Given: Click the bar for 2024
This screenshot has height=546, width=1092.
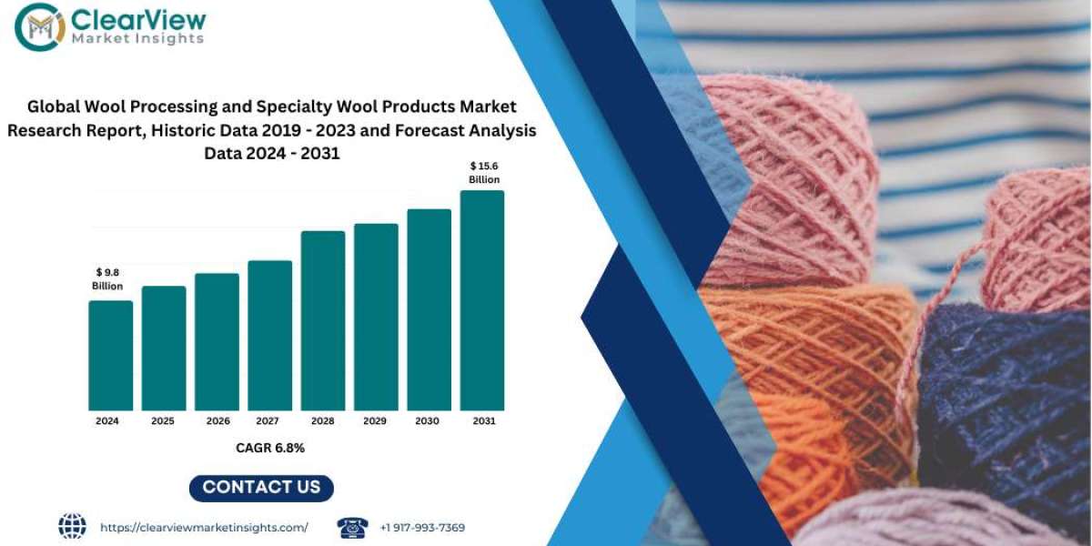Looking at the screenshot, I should [110, 355].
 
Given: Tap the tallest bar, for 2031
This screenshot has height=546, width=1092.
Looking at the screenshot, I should [481, 300].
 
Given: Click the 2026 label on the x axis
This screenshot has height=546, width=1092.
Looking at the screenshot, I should [217, 421].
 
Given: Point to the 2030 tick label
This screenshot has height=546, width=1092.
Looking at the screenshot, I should [429, 421].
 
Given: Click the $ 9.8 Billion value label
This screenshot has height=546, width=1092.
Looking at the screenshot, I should [107, 279].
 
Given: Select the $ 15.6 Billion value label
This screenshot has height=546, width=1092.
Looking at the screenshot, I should [484, 172].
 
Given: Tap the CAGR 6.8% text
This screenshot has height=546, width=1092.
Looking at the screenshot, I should [269, 448].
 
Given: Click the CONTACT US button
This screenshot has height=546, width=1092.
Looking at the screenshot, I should [261, 487].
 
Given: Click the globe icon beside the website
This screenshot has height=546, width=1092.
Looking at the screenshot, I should [72, 526].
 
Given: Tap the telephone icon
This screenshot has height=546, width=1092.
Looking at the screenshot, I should [352, 527].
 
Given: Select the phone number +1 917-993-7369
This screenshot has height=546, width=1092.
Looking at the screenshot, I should [422, 528].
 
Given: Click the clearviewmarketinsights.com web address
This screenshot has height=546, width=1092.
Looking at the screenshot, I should [204, 528].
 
